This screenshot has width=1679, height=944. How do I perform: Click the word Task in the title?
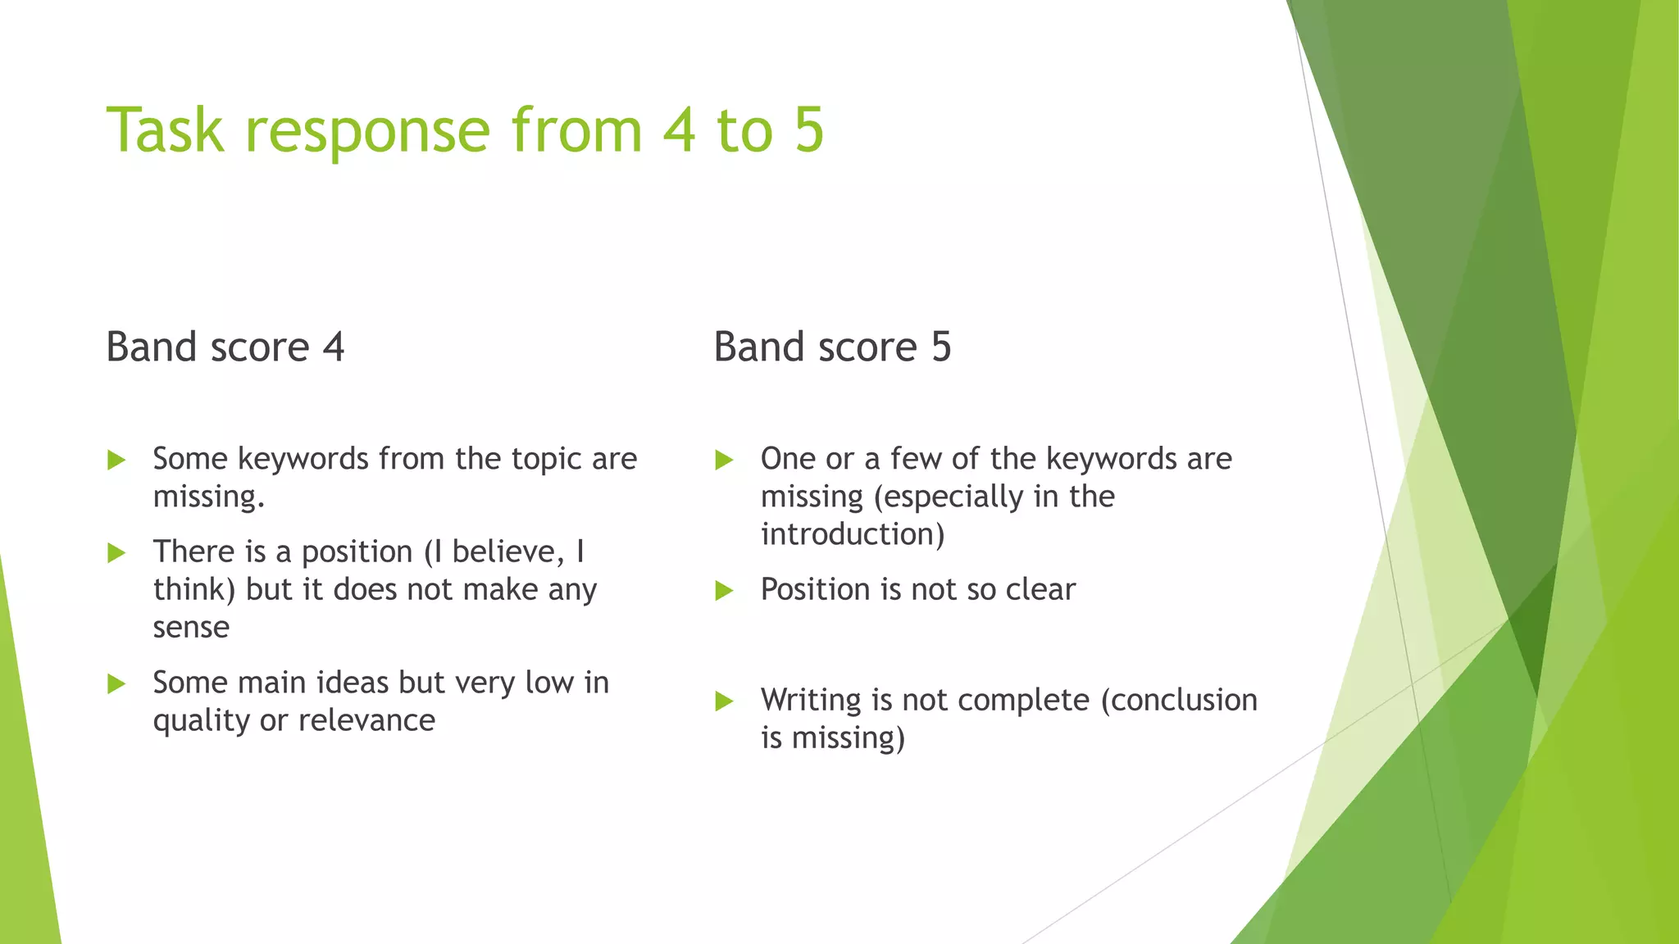coord(165,129)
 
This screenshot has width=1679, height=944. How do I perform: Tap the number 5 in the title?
coord(808,129)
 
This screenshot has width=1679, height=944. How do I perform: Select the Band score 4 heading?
coord(225,347)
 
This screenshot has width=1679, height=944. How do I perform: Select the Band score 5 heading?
coord(832,347)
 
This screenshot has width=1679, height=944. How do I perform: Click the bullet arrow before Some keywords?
coord(116,460)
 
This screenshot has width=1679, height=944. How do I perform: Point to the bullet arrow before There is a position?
coord(116,553)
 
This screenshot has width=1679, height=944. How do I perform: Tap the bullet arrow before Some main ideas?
coord(116,683)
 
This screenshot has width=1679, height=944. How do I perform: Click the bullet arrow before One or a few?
coord(724,460)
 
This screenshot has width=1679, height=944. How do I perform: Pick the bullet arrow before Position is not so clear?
coord(724,591)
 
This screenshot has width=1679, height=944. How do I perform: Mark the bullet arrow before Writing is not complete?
coord(724,701)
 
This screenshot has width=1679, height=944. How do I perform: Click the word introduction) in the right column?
coord(853,535)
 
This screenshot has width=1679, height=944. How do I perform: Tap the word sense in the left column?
coord(191,628)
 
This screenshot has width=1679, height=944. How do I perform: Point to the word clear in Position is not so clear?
coord(1040,590)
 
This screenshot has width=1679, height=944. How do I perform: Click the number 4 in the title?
coord(679,129)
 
